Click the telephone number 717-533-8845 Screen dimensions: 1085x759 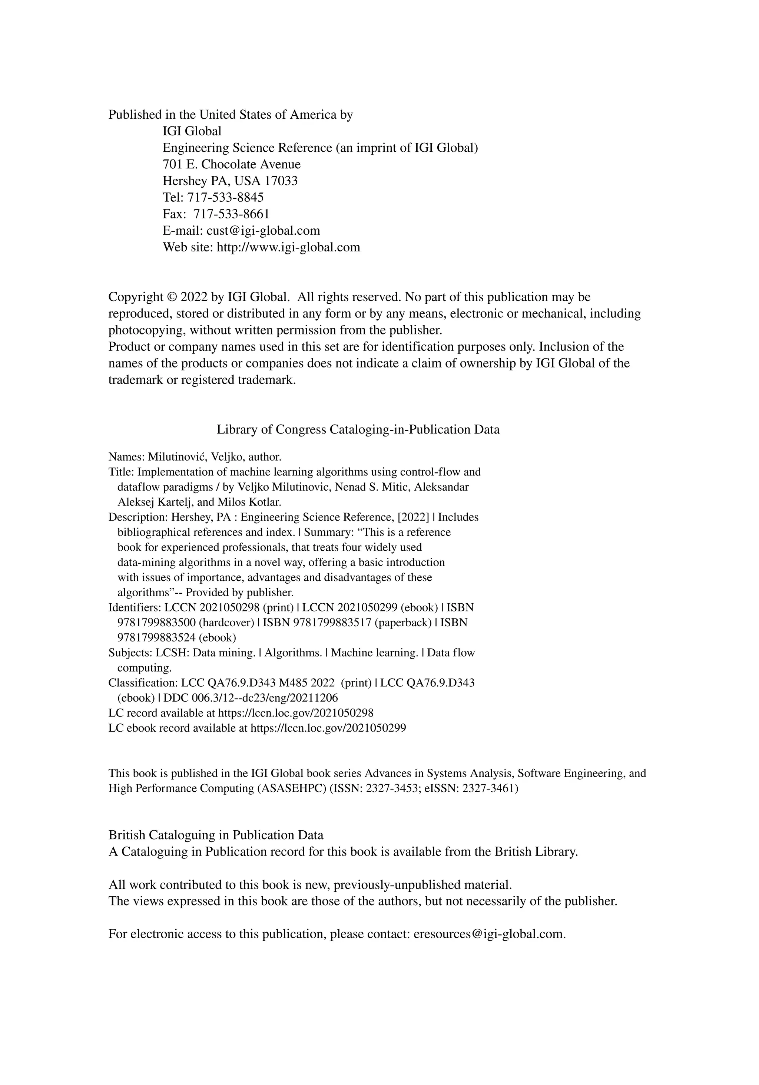point(225,198)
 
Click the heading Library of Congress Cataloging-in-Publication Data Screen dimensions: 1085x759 point(358,429)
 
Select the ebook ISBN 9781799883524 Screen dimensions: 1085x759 point(156,637)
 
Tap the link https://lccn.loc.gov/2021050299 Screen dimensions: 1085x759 point(328,728)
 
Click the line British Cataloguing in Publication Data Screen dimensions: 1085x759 point(216,835)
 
